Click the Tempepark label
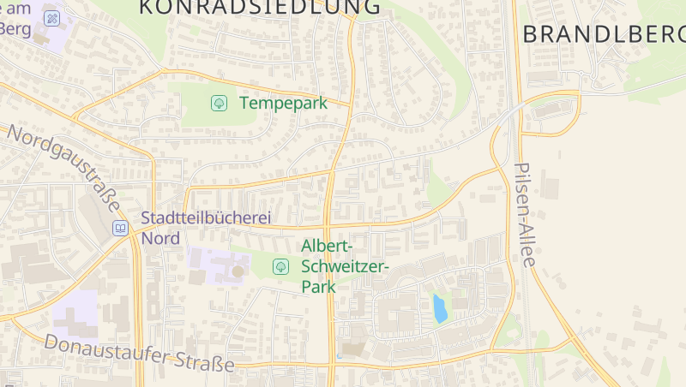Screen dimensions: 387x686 pyautogui.click(x=283, y=103)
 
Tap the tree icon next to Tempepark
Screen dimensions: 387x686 pyautogui.click(x=219, y=103)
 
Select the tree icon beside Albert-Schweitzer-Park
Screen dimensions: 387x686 pyautogui.click(x=280, y=266)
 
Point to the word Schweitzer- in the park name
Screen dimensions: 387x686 pyautogui.click(x=346, y=266)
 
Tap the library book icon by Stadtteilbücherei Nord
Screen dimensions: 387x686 pyautogui.click(x=120, y=228)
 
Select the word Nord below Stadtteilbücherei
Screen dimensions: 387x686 pyautogui.click(x=160, y=238)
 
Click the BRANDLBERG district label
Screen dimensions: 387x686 pyautogui.click(x=604, y=34)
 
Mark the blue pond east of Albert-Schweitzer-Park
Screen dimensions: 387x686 pyautogui.click(x=440, y=308)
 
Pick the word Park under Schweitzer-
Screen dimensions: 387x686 pyautogui.click(x=318, y=287)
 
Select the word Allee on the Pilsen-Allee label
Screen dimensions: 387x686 pyautogui.click(x=527, y=243)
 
